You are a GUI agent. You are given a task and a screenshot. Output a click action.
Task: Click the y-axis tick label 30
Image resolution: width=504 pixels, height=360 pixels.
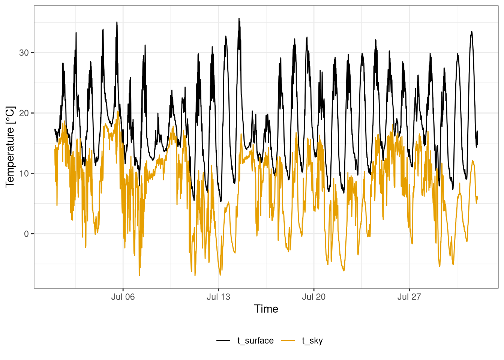coord(24,53)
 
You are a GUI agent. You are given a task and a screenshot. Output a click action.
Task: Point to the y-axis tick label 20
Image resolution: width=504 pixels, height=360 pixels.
coord(24,113)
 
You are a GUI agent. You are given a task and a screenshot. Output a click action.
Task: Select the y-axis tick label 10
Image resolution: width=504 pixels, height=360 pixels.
coord(24,174)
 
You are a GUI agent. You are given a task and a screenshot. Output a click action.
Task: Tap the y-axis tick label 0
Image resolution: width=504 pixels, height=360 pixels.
coord(26,234)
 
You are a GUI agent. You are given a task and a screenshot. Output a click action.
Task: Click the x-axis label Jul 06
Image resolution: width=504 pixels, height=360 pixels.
coord(123,297)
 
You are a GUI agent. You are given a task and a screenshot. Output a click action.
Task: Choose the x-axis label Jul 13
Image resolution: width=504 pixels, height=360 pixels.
coord(218,297)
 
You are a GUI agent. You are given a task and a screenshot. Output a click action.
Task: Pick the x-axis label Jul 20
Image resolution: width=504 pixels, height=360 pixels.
coord(313,297)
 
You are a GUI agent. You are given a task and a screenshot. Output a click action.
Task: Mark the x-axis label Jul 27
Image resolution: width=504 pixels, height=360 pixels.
coord(409,297)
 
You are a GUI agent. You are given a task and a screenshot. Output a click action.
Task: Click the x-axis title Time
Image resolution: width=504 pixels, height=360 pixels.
coord(266,309)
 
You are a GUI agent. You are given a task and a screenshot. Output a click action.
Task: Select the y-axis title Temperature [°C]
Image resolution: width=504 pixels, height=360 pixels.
coord(10,147)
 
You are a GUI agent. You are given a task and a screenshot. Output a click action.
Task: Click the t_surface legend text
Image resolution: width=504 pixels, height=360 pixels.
coord(255,340)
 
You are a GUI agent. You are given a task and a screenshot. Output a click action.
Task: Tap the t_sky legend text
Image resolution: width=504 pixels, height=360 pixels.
coord(312,340)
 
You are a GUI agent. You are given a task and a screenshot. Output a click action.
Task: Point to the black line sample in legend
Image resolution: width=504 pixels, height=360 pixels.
coord(223,340)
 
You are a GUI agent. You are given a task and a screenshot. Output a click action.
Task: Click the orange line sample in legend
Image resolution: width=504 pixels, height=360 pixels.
coord(288,340)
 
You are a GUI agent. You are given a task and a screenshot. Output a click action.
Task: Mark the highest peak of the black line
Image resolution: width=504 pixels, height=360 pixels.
coord(239,18)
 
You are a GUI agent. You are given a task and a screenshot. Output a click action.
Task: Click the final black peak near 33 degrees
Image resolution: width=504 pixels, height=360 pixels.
coord(471,31)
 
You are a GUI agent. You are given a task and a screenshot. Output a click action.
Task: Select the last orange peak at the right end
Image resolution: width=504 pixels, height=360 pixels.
coord(472,160)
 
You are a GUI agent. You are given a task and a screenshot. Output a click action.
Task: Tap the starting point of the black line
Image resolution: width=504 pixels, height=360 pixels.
coord(55,129)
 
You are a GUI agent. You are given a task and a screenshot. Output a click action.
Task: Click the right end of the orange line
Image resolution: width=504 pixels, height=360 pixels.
coord(477,199)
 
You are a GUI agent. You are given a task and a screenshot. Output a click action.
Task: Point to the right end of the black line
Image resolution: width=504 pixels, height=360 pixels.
coord(477,144)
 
